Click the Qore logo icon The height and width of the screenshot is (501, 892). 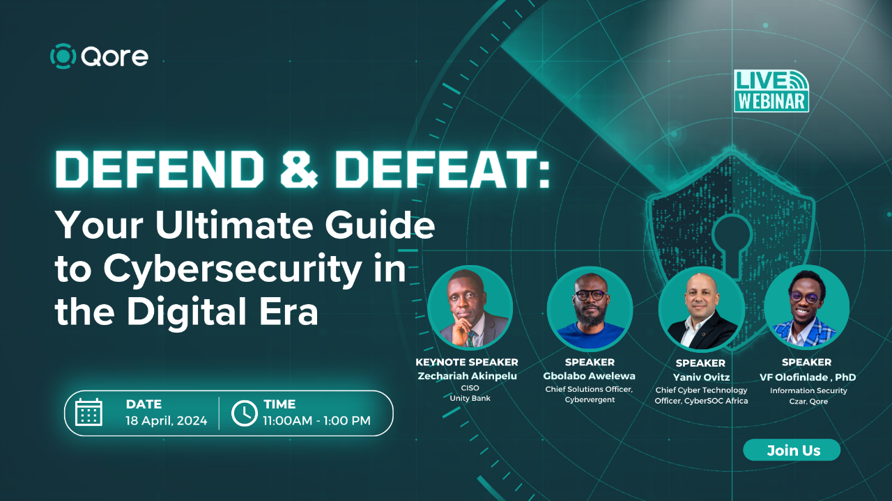[x=63, y=56]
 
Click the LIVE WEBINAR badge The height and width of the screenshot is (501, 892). [x=771, y=90]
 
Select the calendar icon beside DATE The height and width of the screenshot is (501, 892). [x=89, y=412]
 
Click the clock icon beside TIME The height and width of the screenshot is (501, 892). [x=244, y=412]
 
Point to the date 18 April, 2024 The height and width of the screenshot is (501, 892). [x=167, y=420]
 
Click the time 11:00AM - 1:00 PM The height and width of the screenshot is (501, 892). [x=316, y=420]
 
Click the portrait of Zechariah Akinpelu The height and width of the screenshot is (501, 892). [x=470, y=308]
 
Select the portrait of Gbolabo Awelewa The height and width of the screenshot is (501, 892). [x=590, y=308]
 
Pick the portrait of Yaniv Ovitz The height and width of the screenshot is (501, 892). [x=700, y=308]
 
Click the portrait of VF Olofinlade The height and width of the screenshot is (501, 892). [x=806, y=308]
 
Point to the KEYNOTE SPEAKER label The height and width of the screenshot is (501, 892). [x=467, y=362]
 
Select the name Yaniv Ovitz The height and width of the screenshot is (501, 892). [x=700, y=377]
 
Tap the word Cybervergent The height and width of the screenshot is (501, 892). [x=590, y=399]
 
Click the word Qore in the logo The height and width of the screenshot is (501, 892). [x=114, y=56]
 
